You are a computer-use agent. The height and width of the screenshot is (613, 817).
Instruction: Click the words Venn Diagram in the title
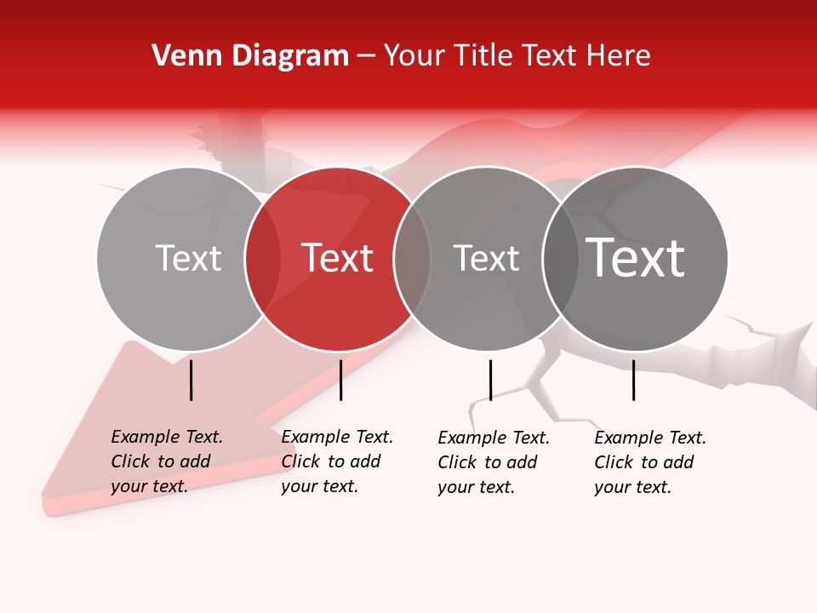(x=250, y=56)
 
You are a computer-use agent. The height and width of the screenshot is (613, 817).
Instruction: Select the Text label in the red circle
(x=338, y=258)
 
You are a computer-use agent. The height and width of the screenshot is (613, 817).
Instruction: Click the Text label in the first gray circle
(x=188, y=258)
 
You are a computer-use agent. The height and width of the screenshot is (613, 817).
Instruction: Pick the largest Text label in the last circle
(x=636, y=258)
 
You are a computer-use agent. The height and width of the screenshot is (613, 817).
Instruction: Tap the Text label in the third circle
(x=486, y=258)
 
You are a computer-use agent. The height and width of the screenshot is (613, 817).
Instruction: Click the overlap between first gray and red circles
(x=262, y=259)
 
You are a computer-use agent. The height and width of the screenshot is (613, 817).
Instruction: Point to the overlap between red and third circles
(x=411, y=259)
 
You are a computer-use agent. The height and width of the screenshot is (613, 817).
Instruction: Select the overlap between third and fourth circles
(x=560, y=259)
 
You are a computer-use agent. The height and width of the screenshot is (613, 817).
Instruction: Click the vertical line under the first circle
(x=191, y=380)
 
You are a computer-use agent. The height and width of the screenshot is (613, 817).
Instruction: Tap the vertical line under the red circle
(x=340, y=380)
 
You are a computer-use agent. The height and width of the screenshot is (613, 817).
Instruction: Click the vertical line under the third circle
(x=490, y=380)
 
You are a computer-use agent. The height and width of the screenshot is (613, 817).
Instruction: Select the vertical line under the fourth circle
(x=633, y=380)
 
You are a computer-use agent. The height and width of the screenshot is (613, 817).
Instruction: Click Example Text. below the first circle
(x=167, y=437)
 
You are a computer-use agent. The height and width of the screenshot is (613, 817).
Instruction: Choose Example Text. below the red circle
(x=337, y=437)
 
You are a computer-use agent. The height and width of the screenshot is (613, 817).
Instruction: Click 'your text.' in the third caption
(x=477, y=487)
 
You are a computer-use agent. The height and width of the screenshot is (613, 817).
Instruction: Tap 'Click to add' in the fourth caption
(x=644, y=462)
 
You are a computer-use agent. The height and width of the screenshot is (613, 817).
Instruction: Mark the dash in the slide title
(x=366, y=57)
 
